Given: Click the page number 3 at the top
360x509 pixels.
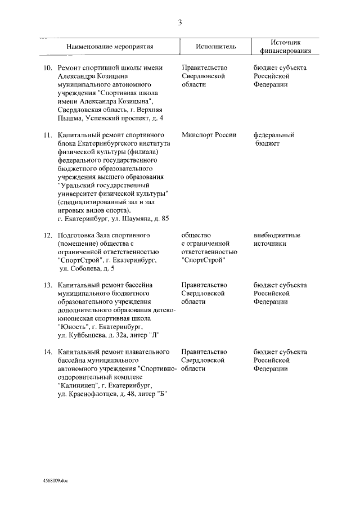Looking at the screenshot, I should pyautogui.click(x=179, y=22).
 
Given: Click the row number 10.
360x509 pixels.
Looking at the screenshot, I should pyautogui.click(x=48, y=67).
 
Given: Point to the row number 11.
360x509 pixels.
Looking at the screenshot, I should pyautogui.click(x=48, y=136).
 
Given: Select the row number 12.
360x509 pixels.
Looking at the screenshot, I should pyautogui.click(x=48, y=235).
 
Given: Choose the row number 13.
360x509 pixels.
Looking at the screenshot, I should pyautogui.click(x=48, y=286).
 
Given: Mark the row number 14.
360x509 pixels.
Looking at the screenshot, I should pyautogui.click(x=48, y=352).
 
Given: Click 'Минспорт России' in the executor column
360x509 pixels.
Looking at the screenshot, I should pyautogui.click(x=209, y=136).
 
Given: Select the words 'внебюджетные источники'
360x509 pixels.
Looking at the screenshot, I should pyautogui.click(x=276, y=239).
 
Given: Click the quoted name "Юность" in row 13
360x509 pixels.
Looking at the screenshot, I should pyautogui.click(x=73, y=327).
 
